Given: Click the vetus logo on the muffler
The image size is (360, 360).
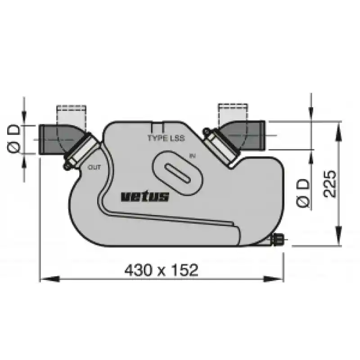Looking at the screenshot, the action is pos(145,197).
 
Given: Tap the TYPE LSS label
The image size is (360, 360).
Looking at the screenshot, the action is pos(166,138).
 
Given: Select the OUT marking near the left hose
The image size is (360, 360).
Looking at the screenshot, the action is pos(94,167).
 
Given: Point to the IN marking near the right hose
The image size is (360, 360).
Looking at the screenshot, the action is pos(193,156).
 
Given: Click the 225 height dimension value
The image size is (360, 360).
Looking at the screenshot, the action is pos(330,184).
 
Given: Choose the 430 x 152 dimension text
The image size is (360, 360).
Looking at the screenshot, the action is pos(161,270).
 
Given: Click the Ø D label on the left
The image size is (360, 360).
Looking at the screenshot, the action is pos(14,139).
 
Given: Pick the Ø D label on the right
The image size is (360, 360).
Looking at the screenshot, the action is pos(303,193).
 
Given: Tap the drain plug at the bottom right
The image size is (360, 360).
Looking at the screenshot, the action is pos(278,240).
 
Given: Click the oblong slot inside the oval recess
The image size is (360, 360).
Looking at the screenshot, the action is pos(177,174).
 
